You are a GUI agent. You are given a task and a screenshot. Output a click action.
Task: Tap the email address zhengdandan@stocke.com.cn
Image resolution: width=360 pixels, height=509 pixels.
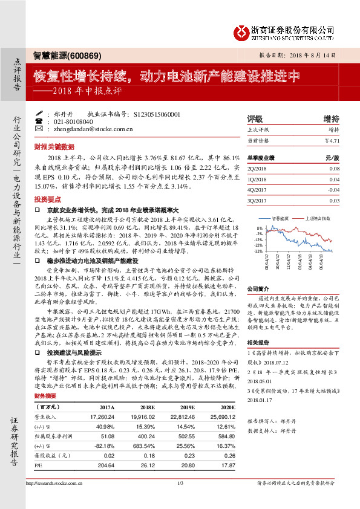[93, 129]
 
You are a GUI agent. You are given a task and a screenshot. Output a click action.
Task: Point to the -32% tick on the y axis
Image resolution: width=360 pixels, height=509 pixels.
[258, 251]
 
